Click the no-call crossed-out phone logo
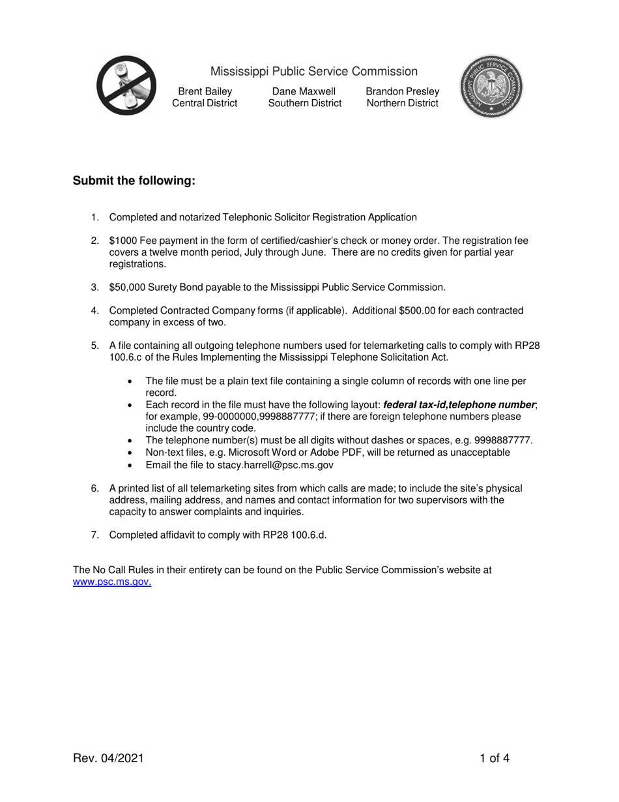tap(126, 85)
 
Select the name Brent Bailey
tap(205, 91)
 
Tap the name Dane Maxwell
tap(304, 91)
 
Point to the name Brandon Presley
tap(402, 91)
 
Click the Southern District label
tap(304, 103)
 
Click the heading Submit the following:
tap(134, 181)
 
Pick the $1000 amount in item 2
tap(122, 241)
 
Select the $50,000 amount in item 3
tap(126, 287)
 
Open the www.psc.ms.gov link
tap(111, 582)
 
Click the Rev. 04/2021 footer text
tap(108, 758)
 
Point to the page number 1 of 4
tap(495, 758)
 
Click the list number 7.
tap(95, 535)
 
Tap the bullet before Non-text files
tap(132, 453)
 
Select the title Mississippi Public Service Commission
tap(313, 71)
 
